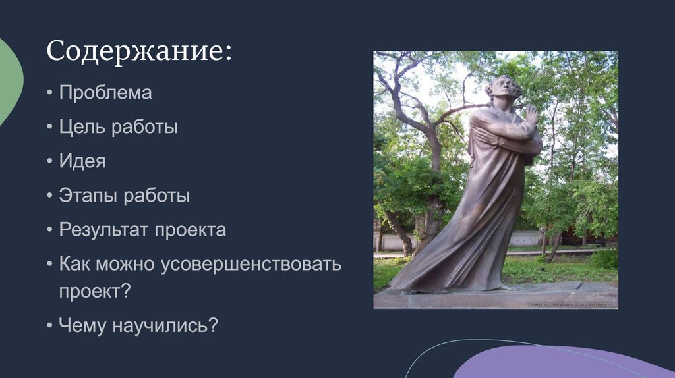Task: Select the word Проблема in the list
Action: pos(105,93)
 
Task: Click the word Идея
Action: pos(82,161)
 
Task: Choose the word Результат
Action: pos(105,230)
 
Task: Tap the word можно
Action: pos(126,265)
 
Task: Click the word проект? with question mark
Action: pos(95,291)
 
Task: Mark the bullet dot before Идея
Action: pos(51,162)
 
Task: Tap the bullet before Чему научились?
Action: pos(51,326)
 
